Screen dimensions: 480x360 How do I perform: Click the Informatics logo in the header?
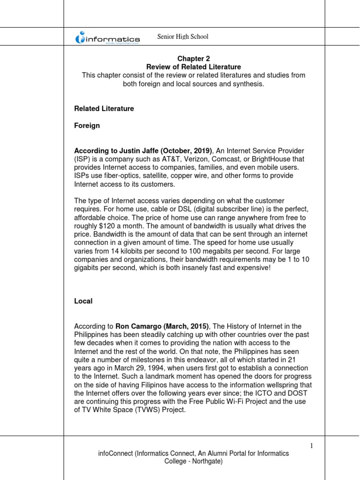coord(107,38)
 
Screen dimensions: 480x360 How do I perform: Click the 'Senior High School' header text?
coord(183,37)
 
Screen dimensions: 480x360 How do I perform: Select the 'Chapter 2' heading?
coord(194,59)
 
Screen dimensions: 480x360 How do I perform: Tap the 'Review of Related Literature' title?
coord(194,67)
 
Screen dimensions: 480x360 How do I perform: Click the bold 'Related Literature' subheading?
coord(104,108)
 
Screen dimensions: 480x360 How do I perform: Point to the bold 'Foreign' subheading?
coord(87,126)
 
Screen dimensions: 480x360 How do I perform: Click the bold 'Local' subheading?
coord(83,301)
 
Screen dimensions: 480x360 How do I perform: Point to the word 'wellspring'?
coord(257,384)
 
